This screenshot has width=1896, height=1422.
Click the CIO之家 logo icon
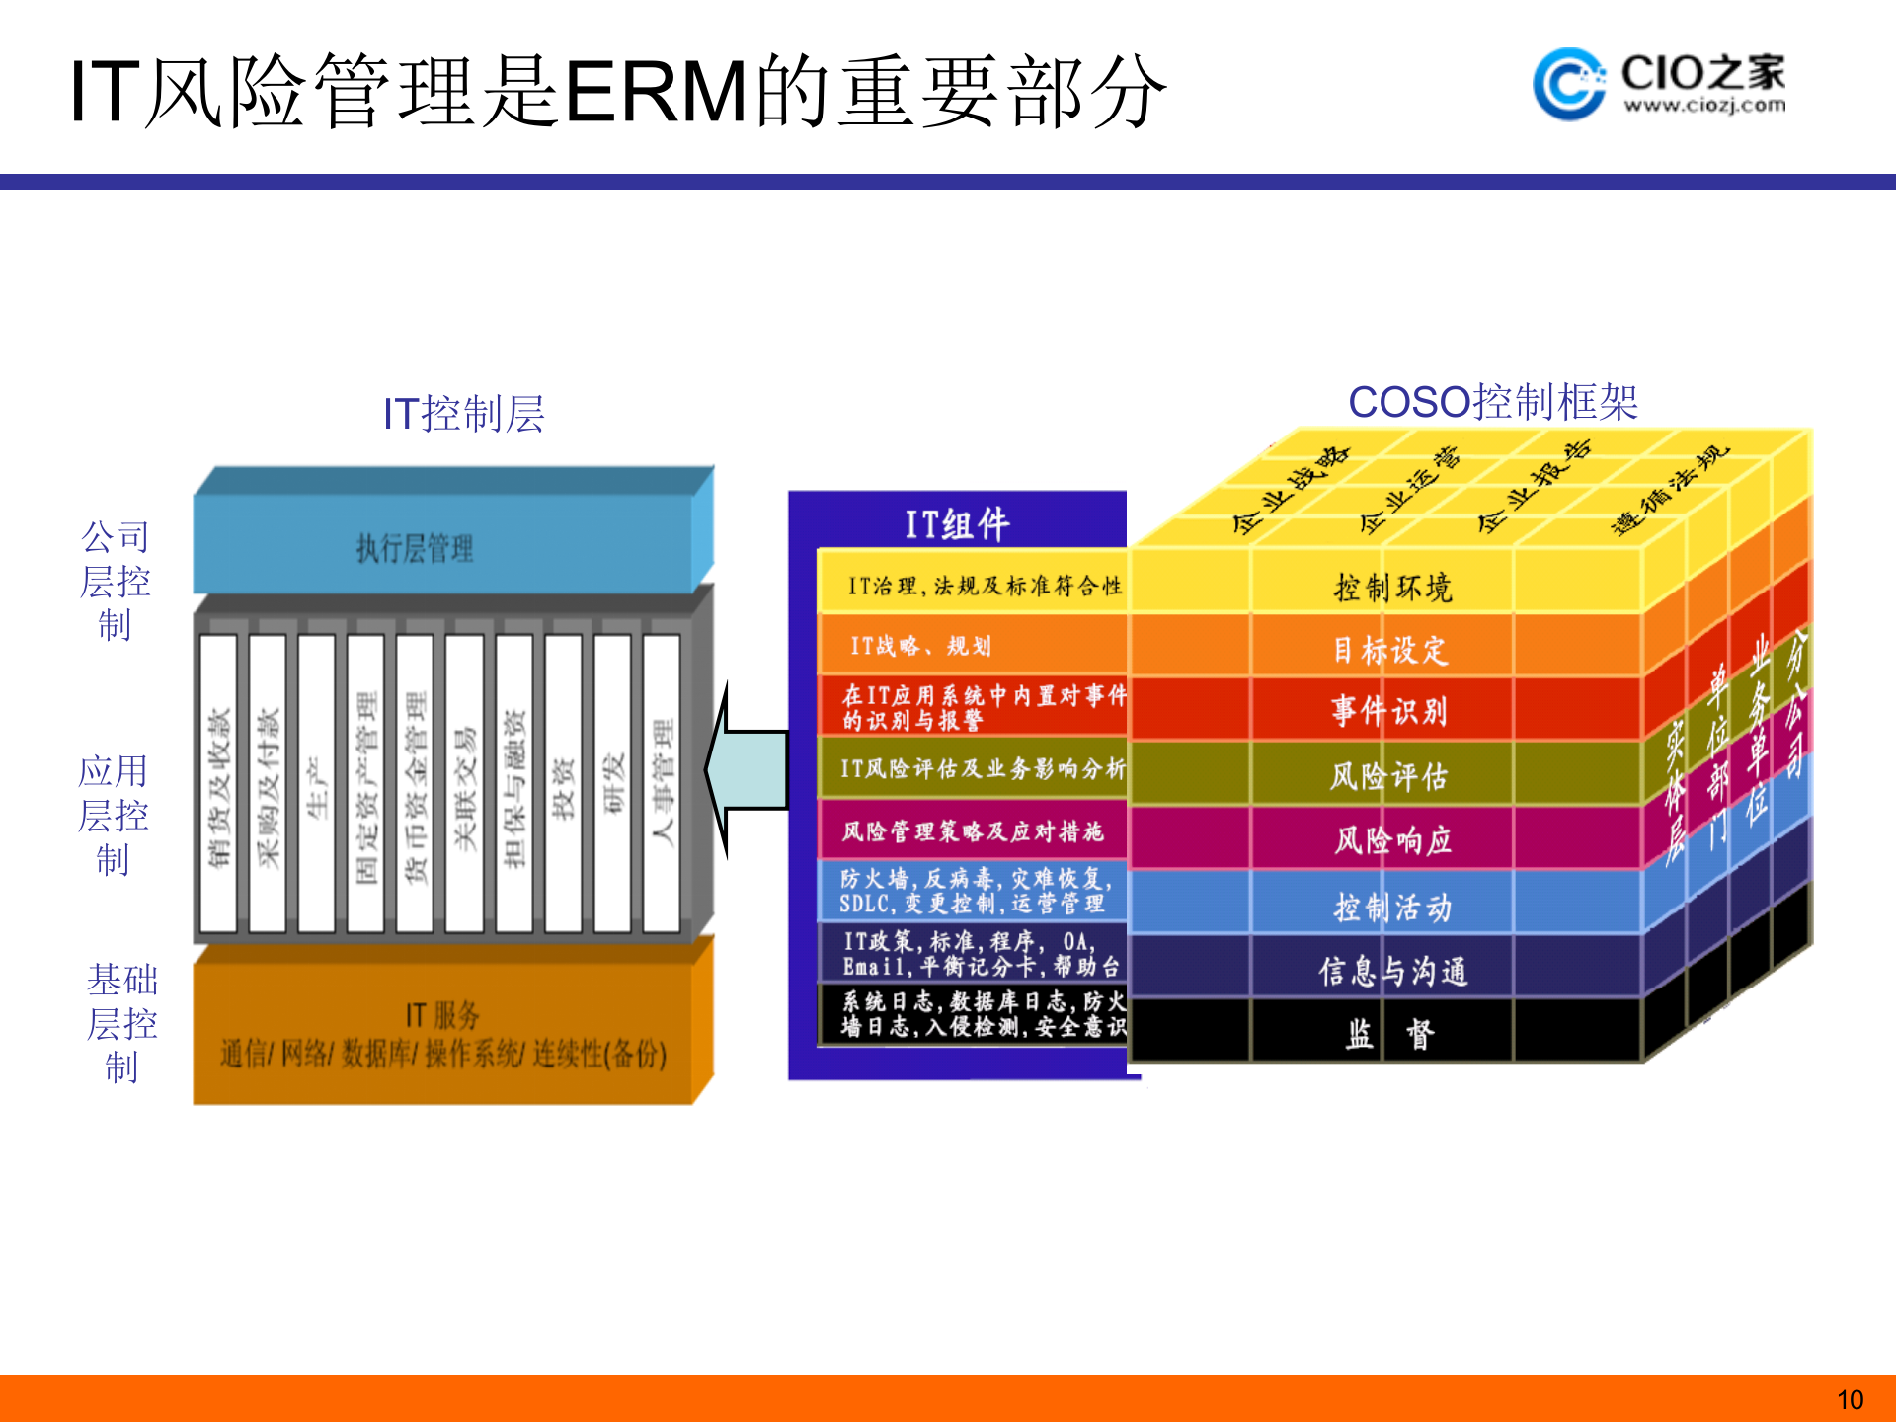pyautogui.click(x=1568, y=84)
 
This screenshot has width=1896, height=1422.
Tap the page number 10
pyautogui.click(x=1850, y=1399)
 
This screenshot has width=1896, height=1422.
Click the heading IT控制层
pyautogui.click(x=463, y=414)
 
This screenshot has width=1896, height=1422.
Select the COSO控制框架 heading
pyautogui.click(x=1492, y=402)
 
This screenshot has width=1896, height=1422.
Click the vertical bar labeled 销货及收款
pyautogui.click(x=218, y=785)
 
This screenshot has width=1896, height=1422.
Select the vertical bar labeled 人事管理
pyautogui.click(x=662, y=785)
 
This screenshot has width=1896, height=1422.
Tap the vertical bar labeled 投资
pyautogui.click(x=563, y=785)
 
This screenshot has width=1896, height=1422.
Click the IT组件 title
pyautogui.click(x=957, y=523)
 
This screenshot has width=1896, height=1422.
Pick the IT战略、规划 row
pyautogui.click(x=973, y=646)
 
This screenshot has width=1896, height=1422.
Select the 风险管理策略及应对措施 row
pyautogui.click(x=973, y=831)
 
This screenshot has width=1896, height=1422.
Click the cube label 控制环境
pyautogui.click(x=1392, y=588)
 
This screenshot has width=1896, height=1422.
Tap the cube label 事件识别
pyautogui.click(x=1389, y=711)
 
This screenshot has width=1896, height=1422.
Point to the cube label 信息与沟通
pyautogui.click(x=1392, y=971)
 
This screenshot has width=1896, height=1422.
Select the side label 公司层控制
pyautogui.click(x=116, y=582)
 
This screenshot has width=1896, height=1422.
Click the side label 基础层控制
pyautogui.click(x=121, y=1024)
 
